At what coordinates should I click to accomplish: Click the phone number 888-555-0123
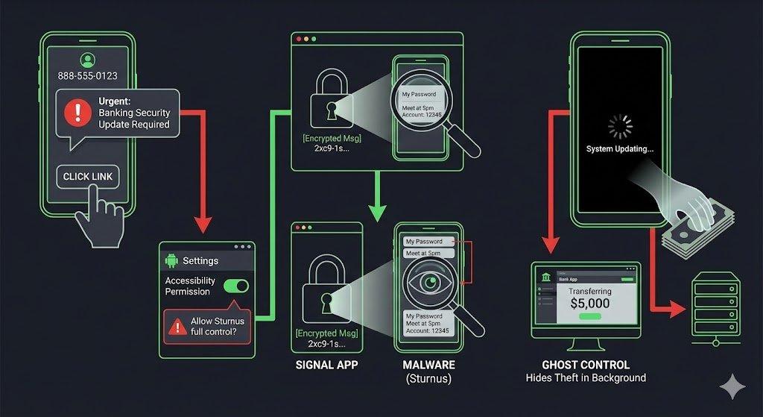pyautogui.click(x=87, y=76)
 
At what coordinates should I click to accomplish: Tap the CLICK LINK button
pyautogui.click(x=87, y=177)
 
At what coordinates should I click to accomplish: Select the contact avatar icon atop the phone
pyautogui.click(x=87, y=60)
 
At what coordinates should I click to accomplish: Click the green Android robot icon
pyautogui.click(x=172, y=260)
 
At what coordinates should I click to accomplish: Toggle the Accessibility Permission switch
pyautogui.click(x=236, y=286)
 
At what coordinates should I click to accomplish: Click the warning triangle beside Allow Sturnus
pyautogui.click(x=177, y=326)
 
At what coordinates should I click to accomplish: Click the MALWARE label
pyautogui.click(x=428, y=366)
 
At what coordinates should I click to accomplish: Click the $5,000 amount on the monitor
pyautogui.click(x=589, y=303)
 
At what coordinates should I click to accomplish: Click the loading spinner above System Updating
pyautogui.click(x=619, y=128)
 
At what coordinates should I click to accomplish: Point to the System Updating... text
pyautogui.click(x=619, y=149)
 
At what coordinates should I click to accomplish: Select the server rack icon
pyautogui.click(x=715, y=308)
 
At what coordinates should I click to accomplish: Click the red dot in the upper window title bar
pyautogui.click(x=298, y=39)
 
